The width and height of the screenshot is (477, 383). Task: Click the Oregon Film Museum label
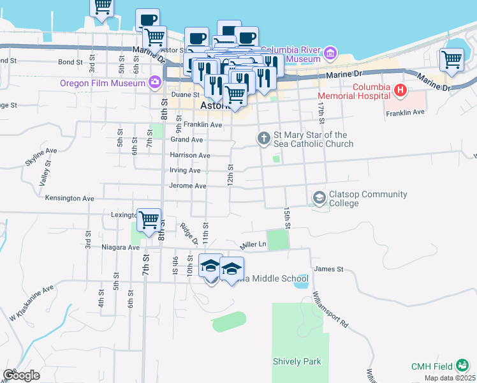point(102,82)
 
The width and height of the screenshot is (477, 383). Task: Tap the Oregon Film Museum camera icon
point(154,82)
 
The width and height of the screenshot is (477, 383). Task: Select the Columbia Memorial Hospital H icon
point(400,91)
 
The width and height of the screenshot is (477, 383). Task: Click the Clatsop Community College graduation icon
point(318,199)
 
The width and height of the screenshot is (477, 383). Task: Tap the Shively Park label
point(297,362)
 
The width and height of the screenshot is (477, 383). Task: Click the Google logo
point(21,375)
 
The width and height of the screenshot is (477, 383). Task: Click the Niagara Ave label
point(121,247)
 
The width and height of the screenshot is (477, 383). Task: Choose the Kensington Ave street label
point(70,199)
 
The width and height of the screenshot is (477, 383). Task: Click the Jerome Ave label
point(187,186)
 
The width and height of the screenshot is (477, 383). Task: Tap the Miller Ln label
point(252,244)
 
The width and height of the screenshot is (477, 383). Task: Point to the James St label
point(329,269)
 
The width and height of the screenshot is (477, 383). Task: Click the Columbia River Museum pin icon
point(330,52)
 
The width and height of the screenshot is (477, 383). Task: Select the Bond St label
point(70,63)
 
